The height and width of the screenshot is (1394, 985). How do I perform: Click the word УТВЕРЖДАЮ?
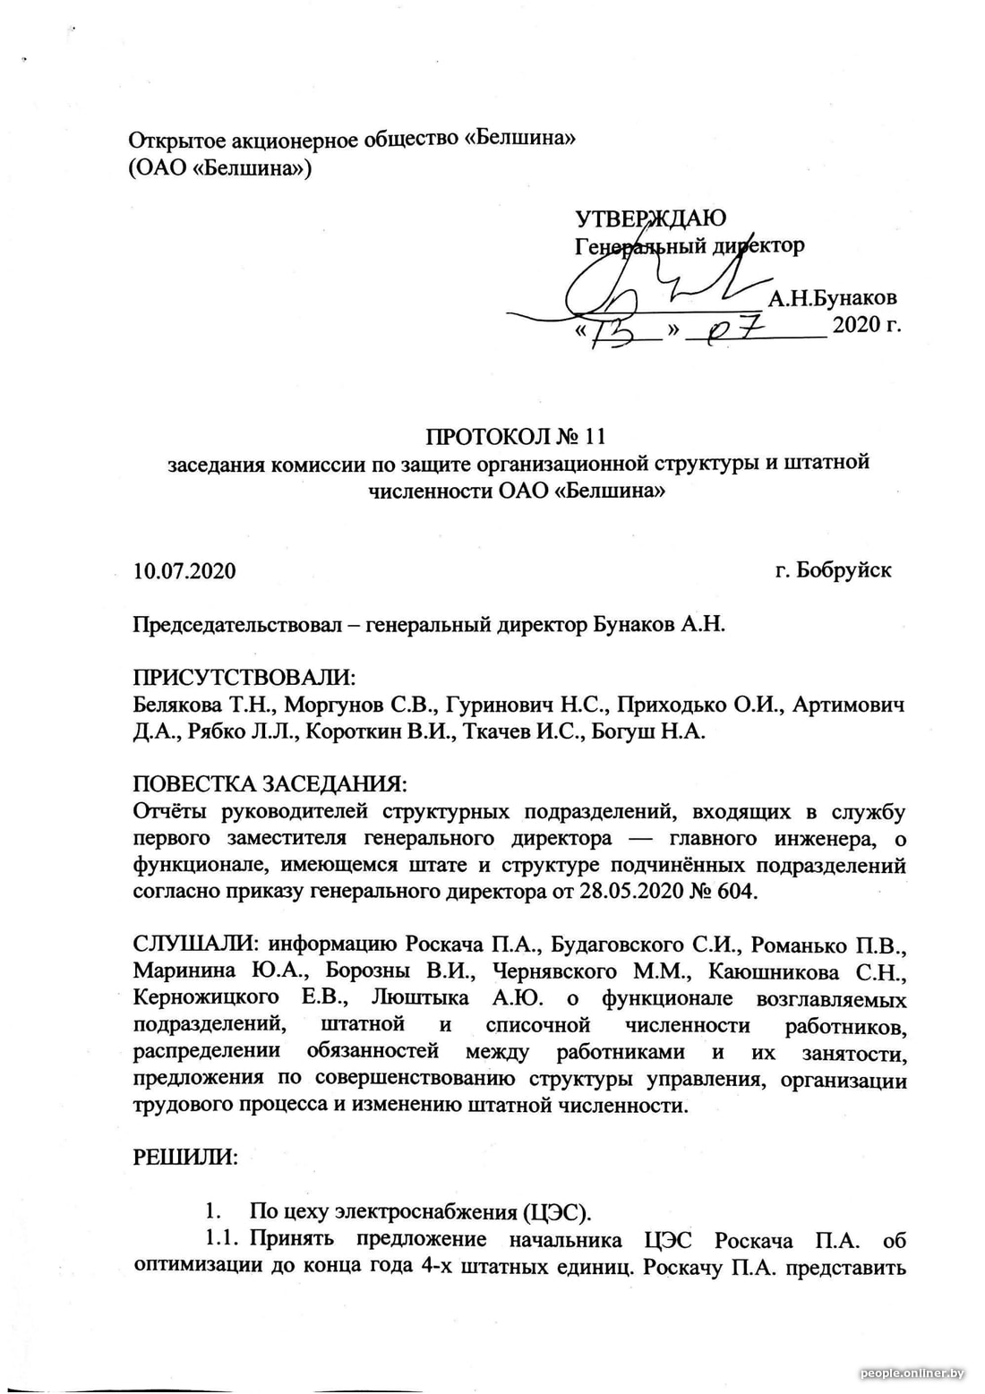click(x=649, y=218)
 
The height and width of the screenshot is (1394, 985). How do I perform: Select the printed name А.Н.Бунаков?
click(x=832, y=298)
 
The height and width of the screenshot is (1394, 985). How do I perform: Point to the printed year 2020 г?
click(x=866, y=325)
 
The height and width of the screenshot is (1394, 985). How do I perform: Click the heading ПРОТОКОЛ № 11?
click(x=517, y=437)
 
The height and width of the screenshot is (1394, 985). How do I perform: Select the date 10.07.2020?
click(x=184, y=571)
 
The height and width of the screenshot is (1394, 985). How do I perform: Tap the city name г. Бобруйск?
click(x=833, y=570)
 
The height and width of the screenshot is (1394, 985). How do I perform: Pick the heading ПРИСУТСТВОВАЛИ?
click(x=244, y=678)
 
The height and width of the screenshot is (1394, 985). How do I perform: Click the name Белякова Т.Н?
click(x=202, y=705)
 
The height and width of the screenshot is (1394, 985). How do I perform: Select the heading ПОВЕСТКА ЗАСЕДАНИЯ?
click(x=270, y=784)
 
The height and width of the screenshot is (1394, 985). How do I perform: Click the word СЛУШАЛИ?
click(x=196, y=945)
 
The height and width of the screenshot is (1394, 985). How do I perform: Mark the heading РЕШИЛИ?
click(x=185, y=1157)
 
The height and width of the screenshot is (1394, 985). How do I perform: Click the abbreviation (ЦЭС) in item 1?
click(x=557, y=1212)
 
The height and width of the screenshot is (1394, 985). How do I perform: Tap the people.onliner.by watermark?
click(x=912, y=1373)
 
